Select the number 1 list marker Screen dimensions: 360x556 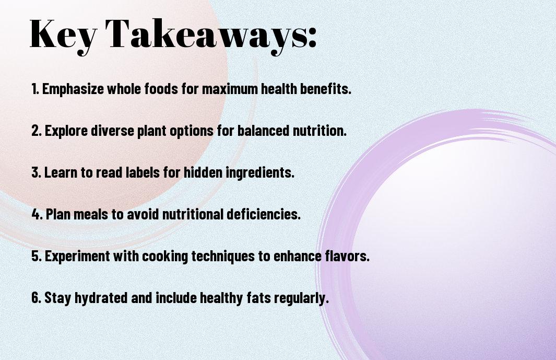tap(34, 89)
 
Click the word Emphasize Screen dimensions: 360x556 tap(73, 89)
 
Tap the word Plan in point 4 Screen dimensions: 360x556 tap(57, 214)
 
